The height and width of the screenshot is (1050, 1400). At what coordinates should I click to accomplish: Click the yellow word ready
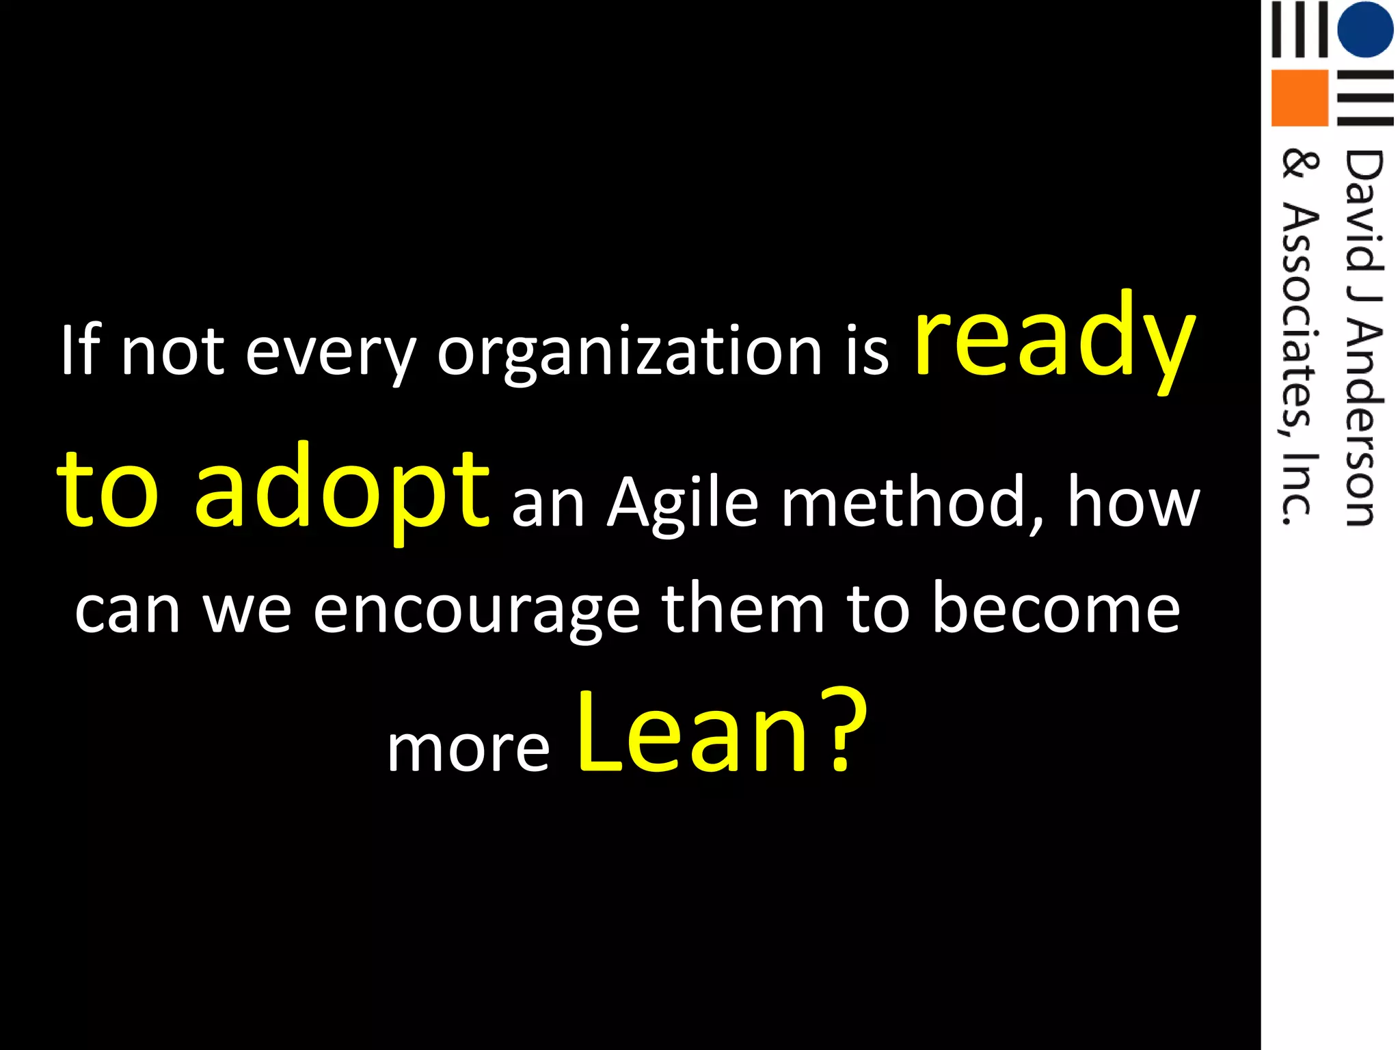pos(1055,342)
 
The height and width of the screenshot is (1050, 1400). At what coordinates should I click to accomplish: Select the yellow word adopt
pos(342,491)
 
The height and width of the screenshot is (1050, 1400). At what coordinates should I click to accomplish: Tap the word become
pos(1056,608)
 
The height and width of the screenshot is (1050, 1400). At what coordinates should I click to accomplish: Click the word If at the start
pos(81,350)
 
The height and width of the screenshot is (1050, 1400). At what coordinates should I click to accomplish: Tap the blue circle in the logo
pos(1365,29)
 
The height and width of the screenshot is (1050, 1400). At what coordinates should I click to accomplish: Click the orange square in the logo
pos(1299,98)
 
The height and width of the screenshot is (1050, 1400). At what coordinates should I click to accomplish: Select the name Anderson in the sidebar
pos(1364,424)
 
